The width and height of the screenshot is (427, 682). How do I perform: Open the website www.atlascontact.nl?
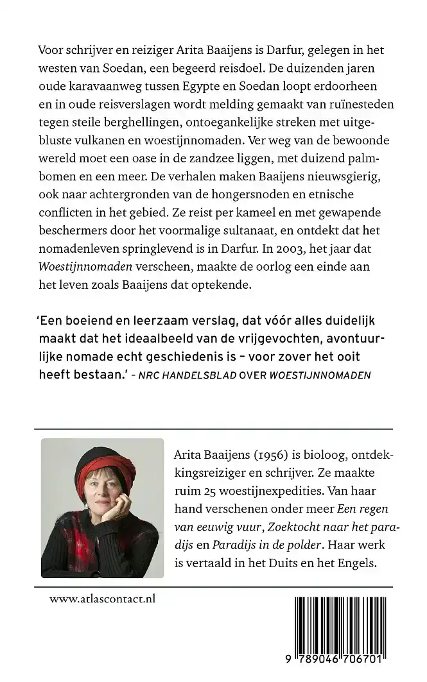click(102, 599)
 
